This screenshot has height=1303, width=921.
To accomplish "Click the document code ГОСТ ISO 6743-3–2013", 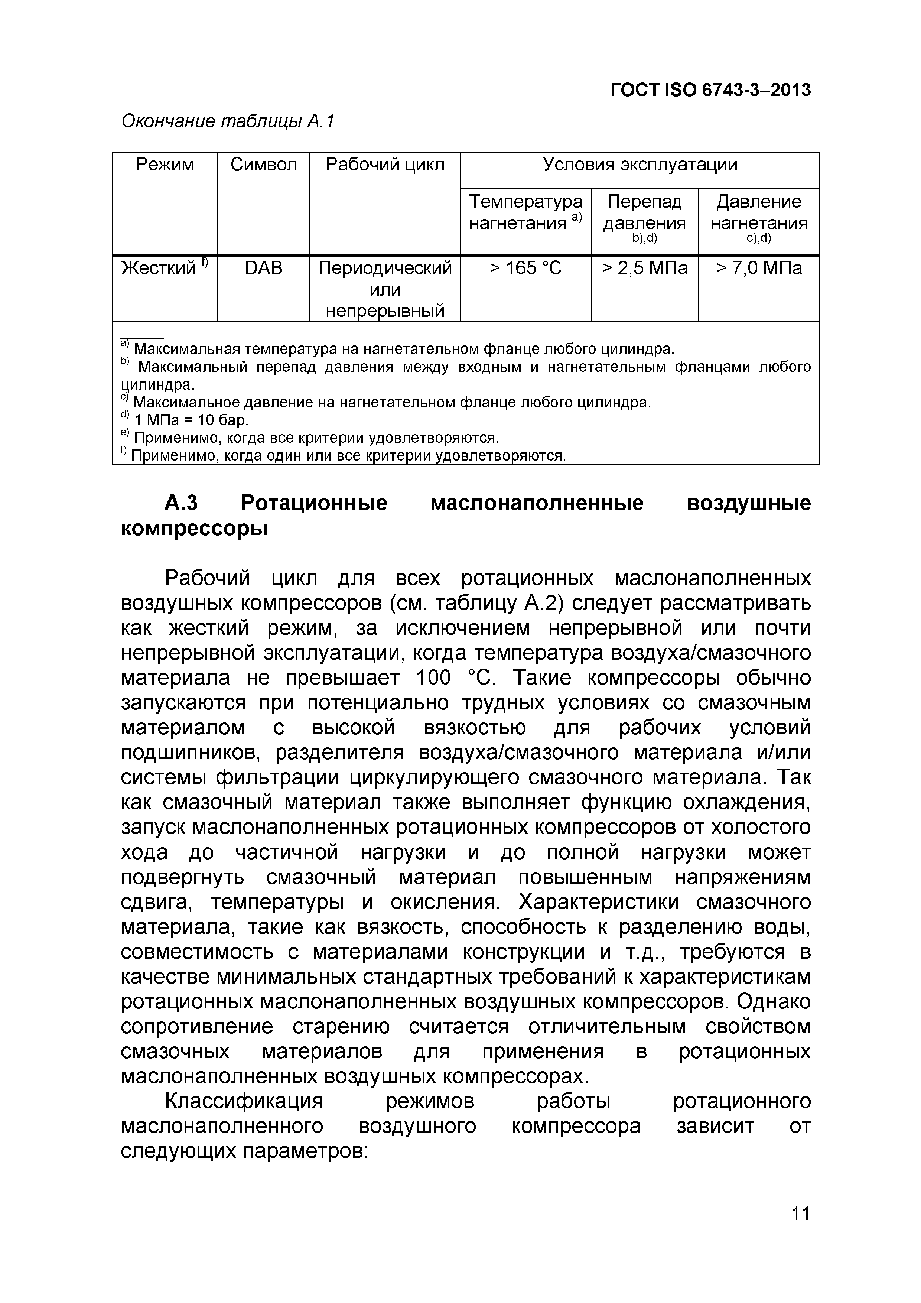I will tap(710, 90).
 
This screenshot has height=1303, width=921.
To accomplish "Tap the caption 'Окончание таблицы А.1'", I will tap(228, 121).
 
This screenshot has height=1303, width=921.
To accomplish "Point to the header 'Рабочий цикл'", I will tap(385, 165).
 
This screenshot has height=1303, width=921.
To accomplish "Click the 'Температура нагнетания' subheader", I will tap(525, 212).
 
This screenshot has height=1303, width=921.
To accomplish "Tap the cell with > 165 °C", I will tap(525, 268).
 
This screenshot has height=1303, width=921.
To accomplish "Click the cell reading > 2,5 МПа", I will tap(645, 268).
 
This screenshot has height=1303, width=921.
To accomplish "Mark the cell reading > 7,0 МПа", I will tap(759, 268).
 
